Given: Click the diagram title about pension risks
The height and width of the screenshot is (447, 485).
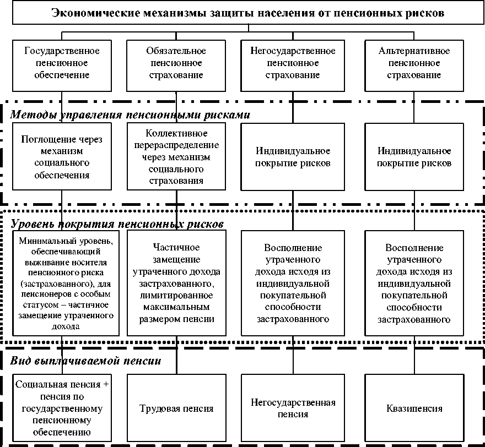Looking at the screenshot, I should click(x=248, y=14).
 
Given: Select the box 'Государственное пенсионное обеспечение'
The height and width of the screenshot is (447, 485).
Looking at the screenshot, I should click(x=62, y=63).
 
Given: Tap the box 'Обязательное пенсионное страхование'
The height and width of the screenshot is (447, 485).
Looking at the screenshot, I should click(x=176, y=63).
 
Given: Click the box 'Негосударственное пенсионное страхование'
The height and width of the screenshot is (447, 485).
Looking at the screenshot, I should click(x=293, y=63).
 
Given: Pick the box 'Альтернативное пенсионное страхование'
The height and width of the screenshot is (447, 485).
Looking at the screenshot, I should click(x=414, y=63).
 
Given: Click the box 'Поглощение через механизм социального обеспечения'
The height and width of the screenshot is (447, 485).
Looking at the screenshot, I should click(x=62, y=157).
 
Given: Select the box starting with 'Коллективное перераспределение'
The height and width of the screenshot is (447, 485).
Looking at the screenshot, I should click(x=176, y=157).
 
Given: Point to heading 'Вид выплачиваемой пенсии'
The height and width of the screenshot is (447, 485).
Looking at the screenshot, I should click(x=85, y=362).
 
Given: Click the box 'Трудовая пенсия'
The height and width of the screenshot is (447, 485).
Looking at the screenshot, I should click(x=176, y=408).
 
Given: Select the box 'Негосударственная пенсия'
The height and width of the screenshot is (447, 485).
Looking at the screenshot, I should click(x=293, y=408).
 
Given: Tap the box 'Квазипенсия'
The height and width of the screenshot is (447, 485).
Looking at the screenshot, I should click(x=414, y=408).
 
